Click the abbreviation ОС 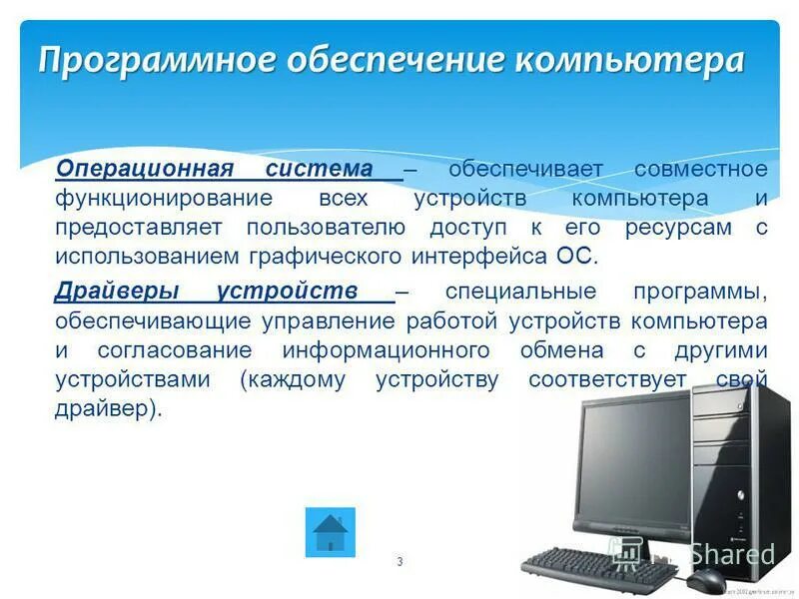(x=572, y=257)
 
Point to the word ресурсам (x=678, y=227)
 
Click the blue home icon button (x=329, y=532)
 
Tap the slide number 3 (x=399, y=562)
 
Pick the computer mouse (x=705, y=580)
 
